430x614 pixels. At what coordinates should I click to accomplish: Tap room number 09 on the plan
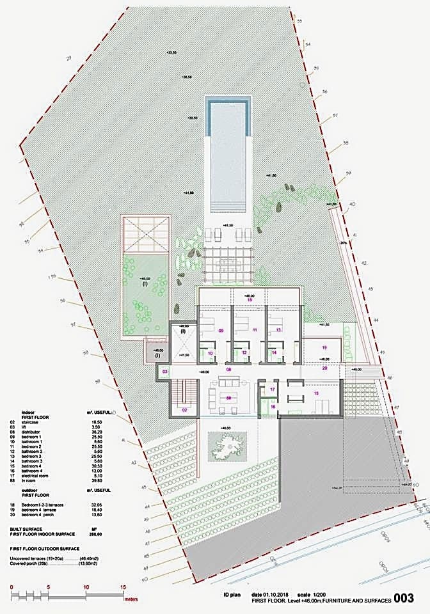coord(221,331)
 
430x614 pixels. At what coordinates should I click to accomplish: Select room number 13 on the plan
coord(278,330)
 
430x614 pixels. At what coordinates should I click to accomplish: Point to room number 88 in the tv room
coord(228,397)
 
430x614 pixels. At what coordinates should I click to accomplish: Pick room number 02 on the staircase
coord(184,409)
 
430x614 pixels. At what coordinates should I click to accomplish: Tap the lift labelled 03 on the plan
coord(164,372)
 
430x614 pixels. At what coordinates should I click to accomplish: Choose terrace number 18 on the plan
coord(250,299)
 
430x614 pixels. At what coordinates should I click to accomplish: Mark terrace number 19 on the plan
coord(324,347)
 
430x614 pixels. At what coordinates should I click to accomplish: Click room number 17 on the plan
coord(272,389)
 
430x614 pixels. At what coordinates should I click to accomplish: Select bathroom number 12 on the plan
coord(244,352)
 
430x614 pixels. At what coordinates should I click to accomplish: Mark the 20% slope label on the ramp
coord(344,244)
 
